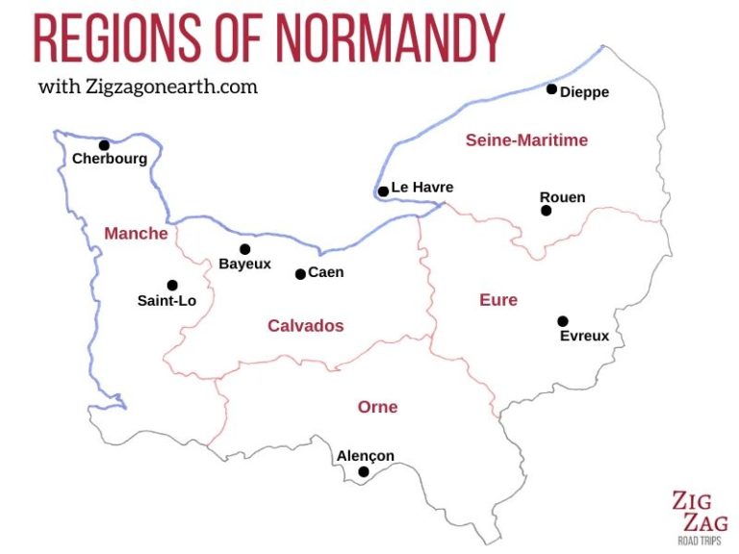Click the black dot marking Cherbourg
104,145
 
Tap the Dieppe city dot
551,89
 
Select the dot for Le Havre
383,191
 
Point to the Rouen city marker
546,211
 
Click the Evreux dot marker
563,321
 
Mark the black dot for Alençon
363,471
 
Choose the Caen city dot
300,274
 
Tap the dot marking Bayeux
244,249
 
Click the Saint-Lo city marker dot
172,285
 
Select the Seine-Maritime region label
526,140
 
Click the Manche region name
136,234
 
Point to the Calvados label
305,326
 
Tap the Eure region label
498,300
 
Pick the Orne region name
377,407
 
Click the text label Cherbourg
110,160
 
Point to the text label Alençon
365,456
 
